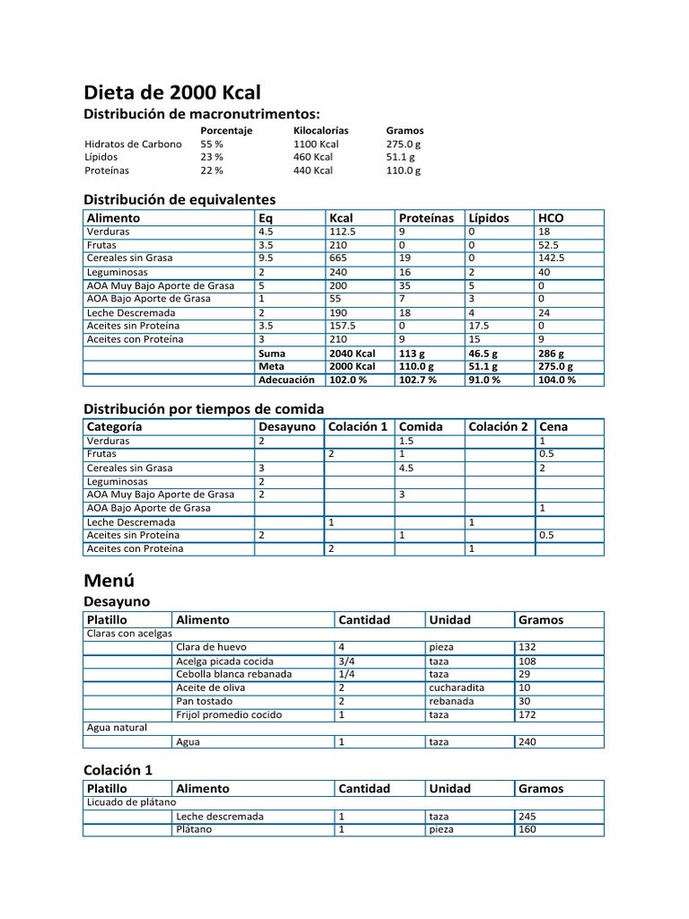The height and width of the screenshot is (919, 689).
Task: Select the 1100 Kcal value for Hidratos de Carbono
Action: pyautogui.click(x=316, y=144)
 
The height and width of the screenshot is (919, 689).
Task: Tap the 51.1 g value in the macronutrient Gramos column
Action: pyautogui.click(x=400, y=156)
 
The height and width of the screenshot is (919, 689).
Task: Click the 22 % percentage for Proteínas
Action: pyautogui.click(x=212, y=170)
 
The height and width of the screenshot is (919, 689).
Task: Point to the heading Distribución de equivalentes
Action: pyautogui.click(x=179, y=199)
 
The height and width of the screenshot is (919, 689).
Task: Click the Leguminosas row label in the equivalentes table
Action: pyautogui.click(x=118, y=272)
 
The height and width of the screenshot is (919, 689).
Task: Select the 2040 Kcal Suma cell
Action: pyautogui.click(x=352, y=353)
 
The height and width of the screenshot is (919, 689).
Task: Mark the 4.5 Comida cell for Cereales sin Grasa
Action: pyautogui.click(x=407, y=468)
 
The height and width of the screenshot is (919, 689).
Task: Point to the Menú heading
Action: pyautogui.click(x=109, y=580)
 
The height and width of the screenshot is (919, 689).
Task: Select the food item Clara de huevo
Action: pyautogui.click(x=211, y=647)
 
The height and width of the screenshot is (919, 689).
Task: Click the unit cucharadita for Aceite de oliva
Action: pyautogui.click(x=457, y=687)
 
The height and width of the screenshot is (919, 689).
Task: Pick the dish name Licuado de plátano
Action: pyautogui.click(x=131, y=802)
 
